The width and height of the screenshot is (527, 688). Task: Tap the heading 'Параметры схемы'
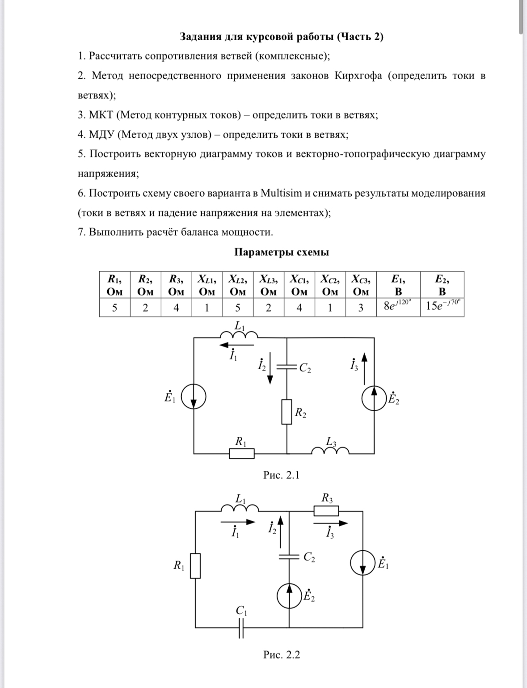[x=282, y=252]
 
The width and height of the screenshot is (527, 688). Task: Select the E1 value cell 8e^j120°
[x=398, y=307]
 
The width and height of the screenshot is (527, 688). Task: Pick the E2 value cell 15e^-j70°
[x=442, y=307]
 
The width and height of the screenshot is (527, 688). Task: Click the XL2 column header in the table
[x=238, y=285]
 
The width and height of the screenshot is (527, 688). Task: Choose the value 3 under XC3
[x=361, y=308]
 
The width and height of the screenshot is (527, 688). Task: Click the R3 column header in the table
[x=177, y=285]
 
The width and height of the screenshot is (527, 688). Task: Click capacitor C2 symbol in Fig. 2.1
[x=287, y=367]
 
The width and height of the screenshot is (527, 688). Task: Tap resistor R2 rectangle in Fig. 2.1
[x=287, y=412]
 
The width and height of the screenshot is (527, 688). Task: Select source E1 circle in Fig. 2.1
[x=194, y=397]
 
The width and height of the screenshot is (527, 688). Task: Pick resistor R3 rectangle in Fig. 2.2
[x=326, y=511]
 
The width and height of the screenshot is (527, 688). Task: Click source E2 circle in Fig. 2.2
[x=289, y=595]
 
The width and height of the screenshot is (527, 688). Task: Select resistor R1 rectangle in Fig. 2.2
[x=196, y=566]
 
